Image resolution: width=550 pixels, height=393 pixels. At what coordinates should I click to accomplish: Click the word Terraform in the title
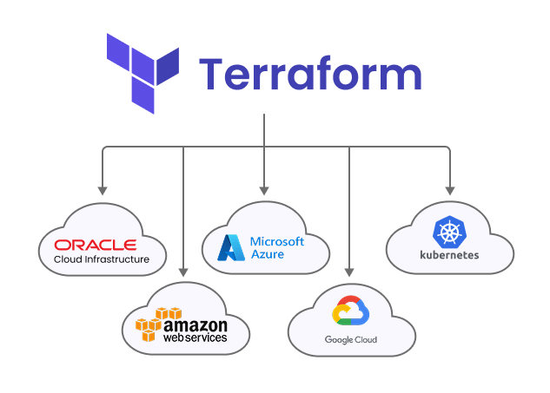pyautogui.click(x=310, y=74)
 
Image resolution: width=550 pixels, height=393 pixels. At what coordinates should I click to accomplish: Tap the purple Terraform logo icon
pyautogui.click(x=142, y=74)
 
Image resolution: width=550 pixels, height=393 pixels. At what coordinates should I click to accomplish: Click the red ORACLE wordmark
pyautogui.click(x=95, y=245)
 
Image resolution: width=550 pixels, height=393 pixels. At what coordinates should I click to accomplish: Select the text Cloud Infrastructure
pyautogui.click(x=102, y=259)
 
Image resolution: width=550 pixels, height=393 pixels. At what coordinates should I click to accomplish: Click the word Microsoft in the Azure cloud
pyautogui.click(x=276, y=241)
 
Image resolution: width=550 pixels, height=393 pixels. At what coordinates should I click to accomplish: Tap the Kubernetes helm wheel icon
pyautogui.click(x=448, y=232)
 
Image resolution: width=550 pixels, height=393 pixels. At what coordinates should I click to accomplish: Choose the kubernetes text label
pyautogui.click(x=448, y=255)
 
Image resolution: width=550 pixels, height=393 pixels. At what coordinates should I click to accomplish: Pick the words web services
pyautogui.click(x=195, y=337)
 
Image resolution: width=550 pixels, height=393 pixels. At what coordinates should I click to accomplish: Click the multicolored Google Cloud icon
pyautogui.click(x=351, y=312)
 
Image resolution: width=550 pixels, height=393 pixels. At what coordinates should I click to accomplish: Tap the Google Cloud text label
pyautogui.click(x=351, y=340)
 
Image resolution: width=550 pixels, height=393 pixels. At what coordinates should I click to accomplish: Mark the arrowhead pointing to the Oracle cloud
pyautogui.click(x=103, y=190)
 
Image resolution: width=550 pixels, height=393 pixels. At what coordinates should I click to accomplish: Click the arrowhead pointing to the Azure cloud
pyautogui.click(x=264, y=190)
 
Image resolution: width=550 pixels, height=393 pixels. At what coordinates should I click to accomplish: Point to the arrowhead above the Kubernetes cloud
pyautogui.click(x=449, y=190)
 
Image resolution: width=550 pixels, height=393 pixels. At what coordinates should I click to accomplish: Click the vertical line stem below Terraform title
pyautogui.click(x=264, y=130)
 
